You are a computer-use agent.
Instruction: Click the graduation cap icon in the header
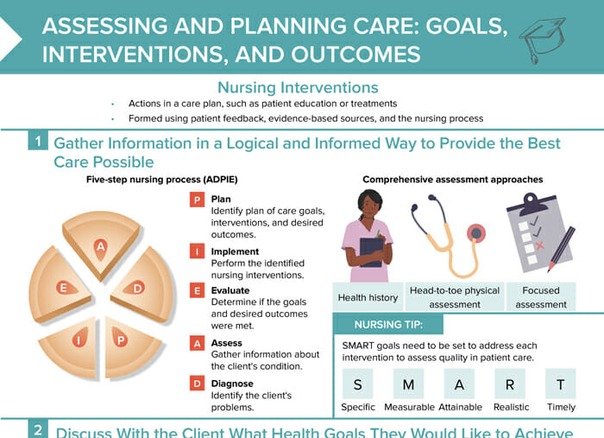click(x=542, y=39)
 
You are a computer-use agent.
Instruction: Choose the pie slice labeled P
click(x=130, y=346)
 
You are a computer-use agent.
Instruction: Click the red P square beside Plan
click(x=197, y=200)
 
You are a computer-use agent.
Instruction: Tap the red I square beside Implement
click(x=197, y=251)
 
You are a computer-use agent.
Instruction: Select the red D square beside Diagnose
click(x=197, y=384)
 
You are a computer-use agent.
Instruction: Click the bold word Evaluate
click(x=230, y=290)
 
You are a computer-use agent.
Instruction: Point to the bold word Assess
click(x=226, y=343)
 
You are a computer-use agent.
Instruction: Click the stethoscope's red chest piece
click(x=476, y=233)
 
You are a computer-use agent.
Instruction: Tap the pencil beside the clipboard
click(x=562, y=250)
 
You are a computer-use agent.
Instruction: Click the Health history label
click(x=368, y=298)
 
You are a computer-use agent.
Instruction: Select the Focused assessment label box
click(x=541, y=297)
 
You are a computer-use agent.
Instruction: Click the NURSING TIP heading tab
click(x=388, y=325)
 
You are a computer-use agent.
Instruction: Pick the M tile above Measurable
click(x=408, y=384)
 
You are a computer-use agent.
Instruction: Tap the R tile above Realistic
click(x=510, y=384)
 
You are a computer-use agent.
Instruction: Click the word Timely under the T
click(x=561, y=407)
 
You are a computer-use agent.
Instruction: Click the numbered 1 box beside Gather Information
click(x=38, y=141)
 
